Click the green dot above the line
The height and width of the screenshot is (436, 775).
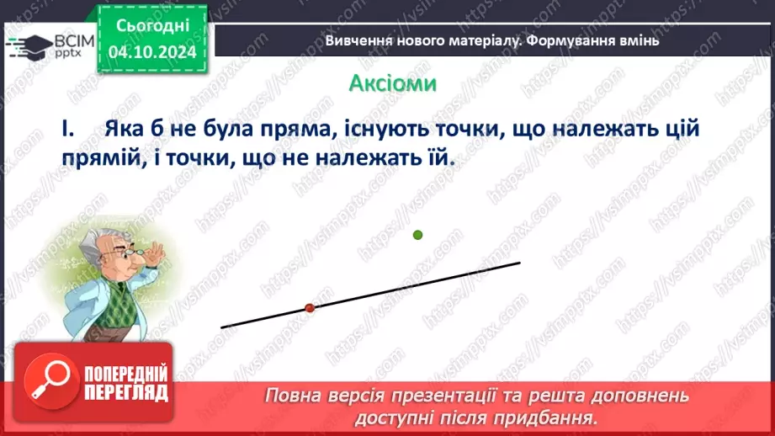417,235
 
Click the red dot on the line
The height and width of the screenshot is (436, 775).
309,309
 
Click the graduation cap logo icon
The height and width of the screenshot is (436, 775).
28,45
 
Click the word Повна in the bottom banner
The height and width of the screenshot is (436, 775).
291,396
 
